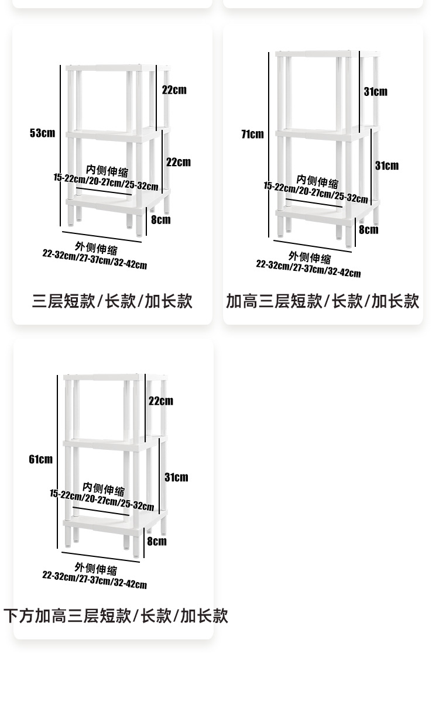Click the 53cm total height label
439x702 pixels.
click(42, 133)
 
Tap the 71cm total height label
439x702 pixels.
click(252, 134)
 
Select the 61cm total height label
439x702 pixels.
click(41, 459)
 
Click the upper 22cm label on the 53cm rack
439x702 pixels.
click(174, 90)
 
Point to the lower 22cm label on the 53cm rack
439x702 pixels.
click(179, 162)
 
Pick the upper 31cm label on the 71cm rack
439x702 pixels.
click(376, 91)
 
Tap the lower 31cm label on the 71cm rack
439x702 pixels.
click(387, 166)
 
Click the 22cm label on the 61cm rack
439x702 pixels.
click(161, 401)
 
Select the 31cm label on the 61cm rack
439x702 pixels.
click(177, 477)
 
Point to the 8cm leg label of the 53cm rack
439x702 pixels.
click(161, 220)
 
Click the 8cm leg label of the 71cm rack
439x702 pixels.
click(369, 230)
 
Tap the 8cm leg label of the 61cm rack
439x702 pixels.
click(157, 541)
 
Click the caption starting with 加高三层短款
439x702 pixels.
click(323, 301)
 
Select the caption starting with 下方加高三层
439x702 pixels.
click(116, 616)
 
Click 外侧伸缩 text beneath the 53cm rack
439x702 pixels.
click(96, 248)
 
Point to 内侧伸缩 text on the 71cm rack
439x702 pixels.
click(318, 181)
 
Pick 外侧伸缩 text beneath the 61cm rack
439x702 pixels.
click(96, 569)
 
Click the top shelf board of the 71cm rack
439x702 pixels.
click(328, 54)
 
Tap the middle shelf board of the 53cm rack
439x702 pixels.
click(118, 135)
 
